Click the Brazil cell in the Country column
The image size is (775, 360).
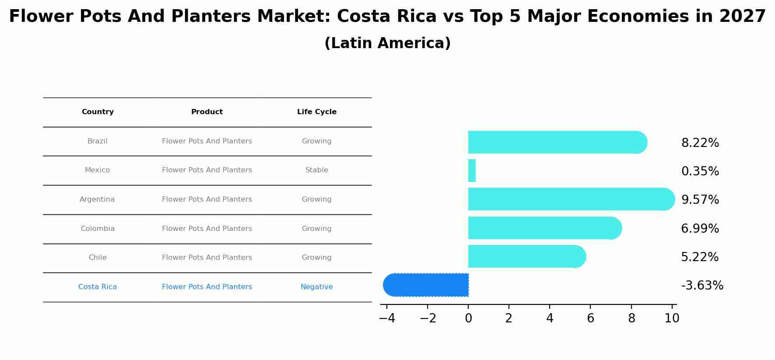(97, 141)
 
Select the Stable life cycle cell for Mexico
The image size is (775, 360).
(316, 170)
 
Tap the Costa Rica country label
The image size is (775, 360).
(97, 287)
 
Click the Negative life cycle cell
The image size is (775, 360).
(316, 287)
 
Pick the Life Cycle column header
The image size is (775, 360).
(316, 112)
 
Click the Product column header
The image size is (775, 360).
(207, 112)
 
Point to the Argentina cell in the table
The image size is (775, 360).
(97, 199)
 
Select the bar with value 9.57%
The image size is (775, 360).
(569, 199)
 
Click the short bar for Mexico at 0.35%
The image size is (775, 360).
(472, 171)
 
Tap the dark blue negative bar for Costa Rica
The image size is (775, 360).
(427, 285)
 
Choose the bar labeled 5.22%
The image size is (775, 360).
(525, 256)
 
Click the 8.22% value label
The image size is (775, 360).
(700, 143)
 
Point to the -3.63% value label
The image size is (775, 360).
(702, 286)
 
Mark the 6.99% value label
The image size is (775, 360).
(700, 229)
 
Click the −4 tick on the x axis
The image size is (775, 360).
(387, 318)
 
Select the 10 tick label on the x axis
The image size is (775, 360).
(672, 318)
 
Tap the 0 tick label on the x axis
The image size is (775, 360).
(468, 318)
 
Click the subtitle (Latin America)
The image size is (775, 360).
(387, 43)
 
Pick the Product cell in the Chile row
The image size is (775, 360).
(207, 258)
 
